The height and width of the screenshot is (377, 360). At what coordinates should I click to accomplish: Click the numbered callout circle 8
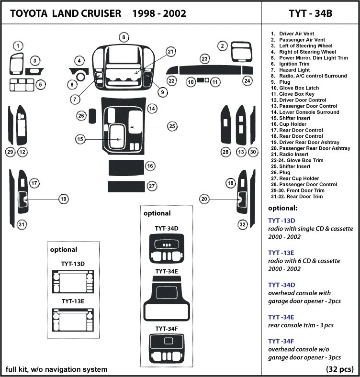coord(124,37)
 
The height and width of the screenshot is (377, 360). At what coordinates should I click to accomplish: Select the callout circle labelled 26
coord(81,115)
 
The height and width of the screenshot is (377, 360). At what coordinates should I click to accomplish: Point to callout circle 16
coord(150,166)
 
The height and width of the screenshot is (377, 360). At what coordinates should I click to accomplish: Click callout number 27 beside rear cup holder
coord(151,186)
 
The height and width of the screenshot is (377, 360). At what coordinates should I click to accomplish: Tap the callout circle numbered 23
coord(205,58)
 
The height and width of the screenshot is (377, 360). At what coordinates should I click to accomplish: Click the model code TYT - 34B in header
coord(310,13)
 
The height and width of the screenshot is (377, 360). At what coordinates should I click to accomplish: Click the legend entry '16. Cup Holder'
coord(291,124)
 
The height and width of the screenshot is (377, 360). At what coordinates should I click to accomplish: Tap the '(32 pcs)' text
coord(339,369)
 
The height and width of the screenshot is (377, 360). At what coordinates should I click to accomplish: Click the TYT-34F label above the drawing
coord(166,329)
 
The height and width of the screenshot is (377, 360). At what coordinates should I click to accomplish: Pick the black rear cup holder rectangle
coord(125,186)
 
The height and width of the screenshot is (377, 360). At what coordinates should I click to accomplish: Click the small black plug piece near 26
coord(93,115)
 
